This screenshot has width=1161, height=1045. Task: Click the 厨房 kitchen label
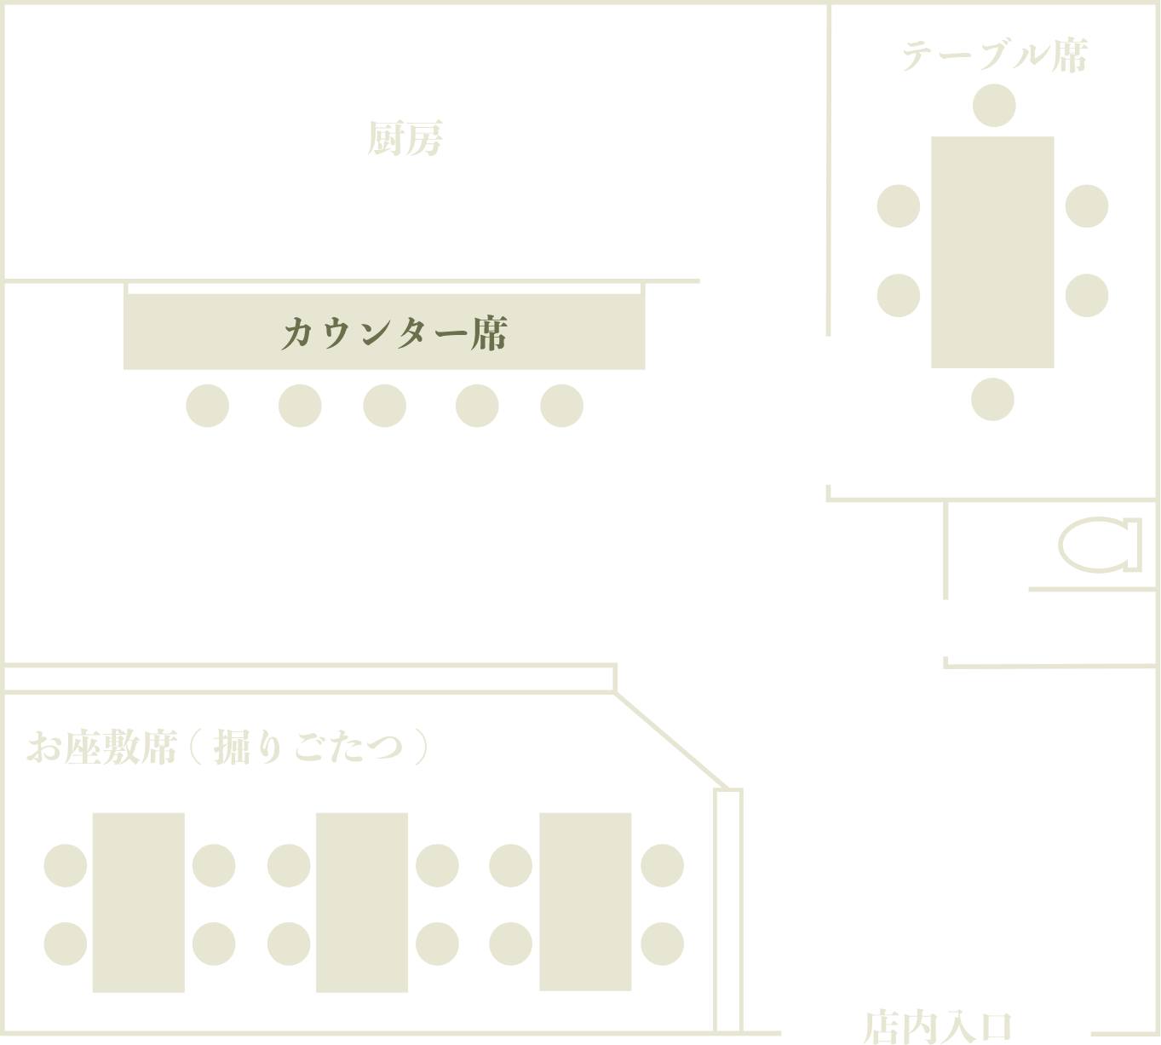[x=405, y=139]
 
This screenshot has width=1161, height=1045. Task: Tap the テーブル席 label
[x=994, y=56]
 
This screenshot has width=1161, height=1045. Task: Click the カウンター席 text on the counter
[x=394, y=333]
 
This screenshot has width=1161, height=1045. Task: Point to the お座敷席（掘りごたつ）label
[x=227, y=748]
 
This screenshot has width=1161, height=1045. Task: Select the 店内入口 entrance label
[x=937, y=1026]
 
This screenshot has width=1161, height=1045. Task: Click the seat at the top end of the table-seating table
[x=993, y=106]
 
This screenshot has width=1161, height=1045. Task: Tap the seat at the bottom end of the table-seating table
[x=992, y=399]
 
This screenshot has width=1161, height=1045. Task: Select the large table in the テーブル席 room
[x=992, y=251]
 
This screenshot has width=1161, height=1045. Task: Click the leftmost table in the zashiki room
[x=138, y=902]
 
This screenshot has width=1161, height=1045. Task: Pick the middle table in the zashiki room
[x=362, y=902]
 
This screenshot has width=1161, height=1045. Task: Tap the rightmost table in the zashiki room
[x=585, y=902]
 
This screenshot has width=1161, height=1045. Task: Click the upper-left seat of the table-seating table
[x=899, y=205]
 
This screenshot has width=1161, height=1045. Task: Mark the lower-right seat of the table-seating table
[x=1086, y=295]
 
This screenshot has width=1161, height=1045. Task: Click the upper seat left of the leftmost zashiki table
[x=66, y=865]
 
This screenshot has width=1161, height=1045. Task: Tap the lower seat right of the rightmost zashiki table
[x=662, y=944]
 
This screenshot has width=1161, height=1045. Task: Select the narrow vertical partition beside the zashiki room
[x=728, y=909]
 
